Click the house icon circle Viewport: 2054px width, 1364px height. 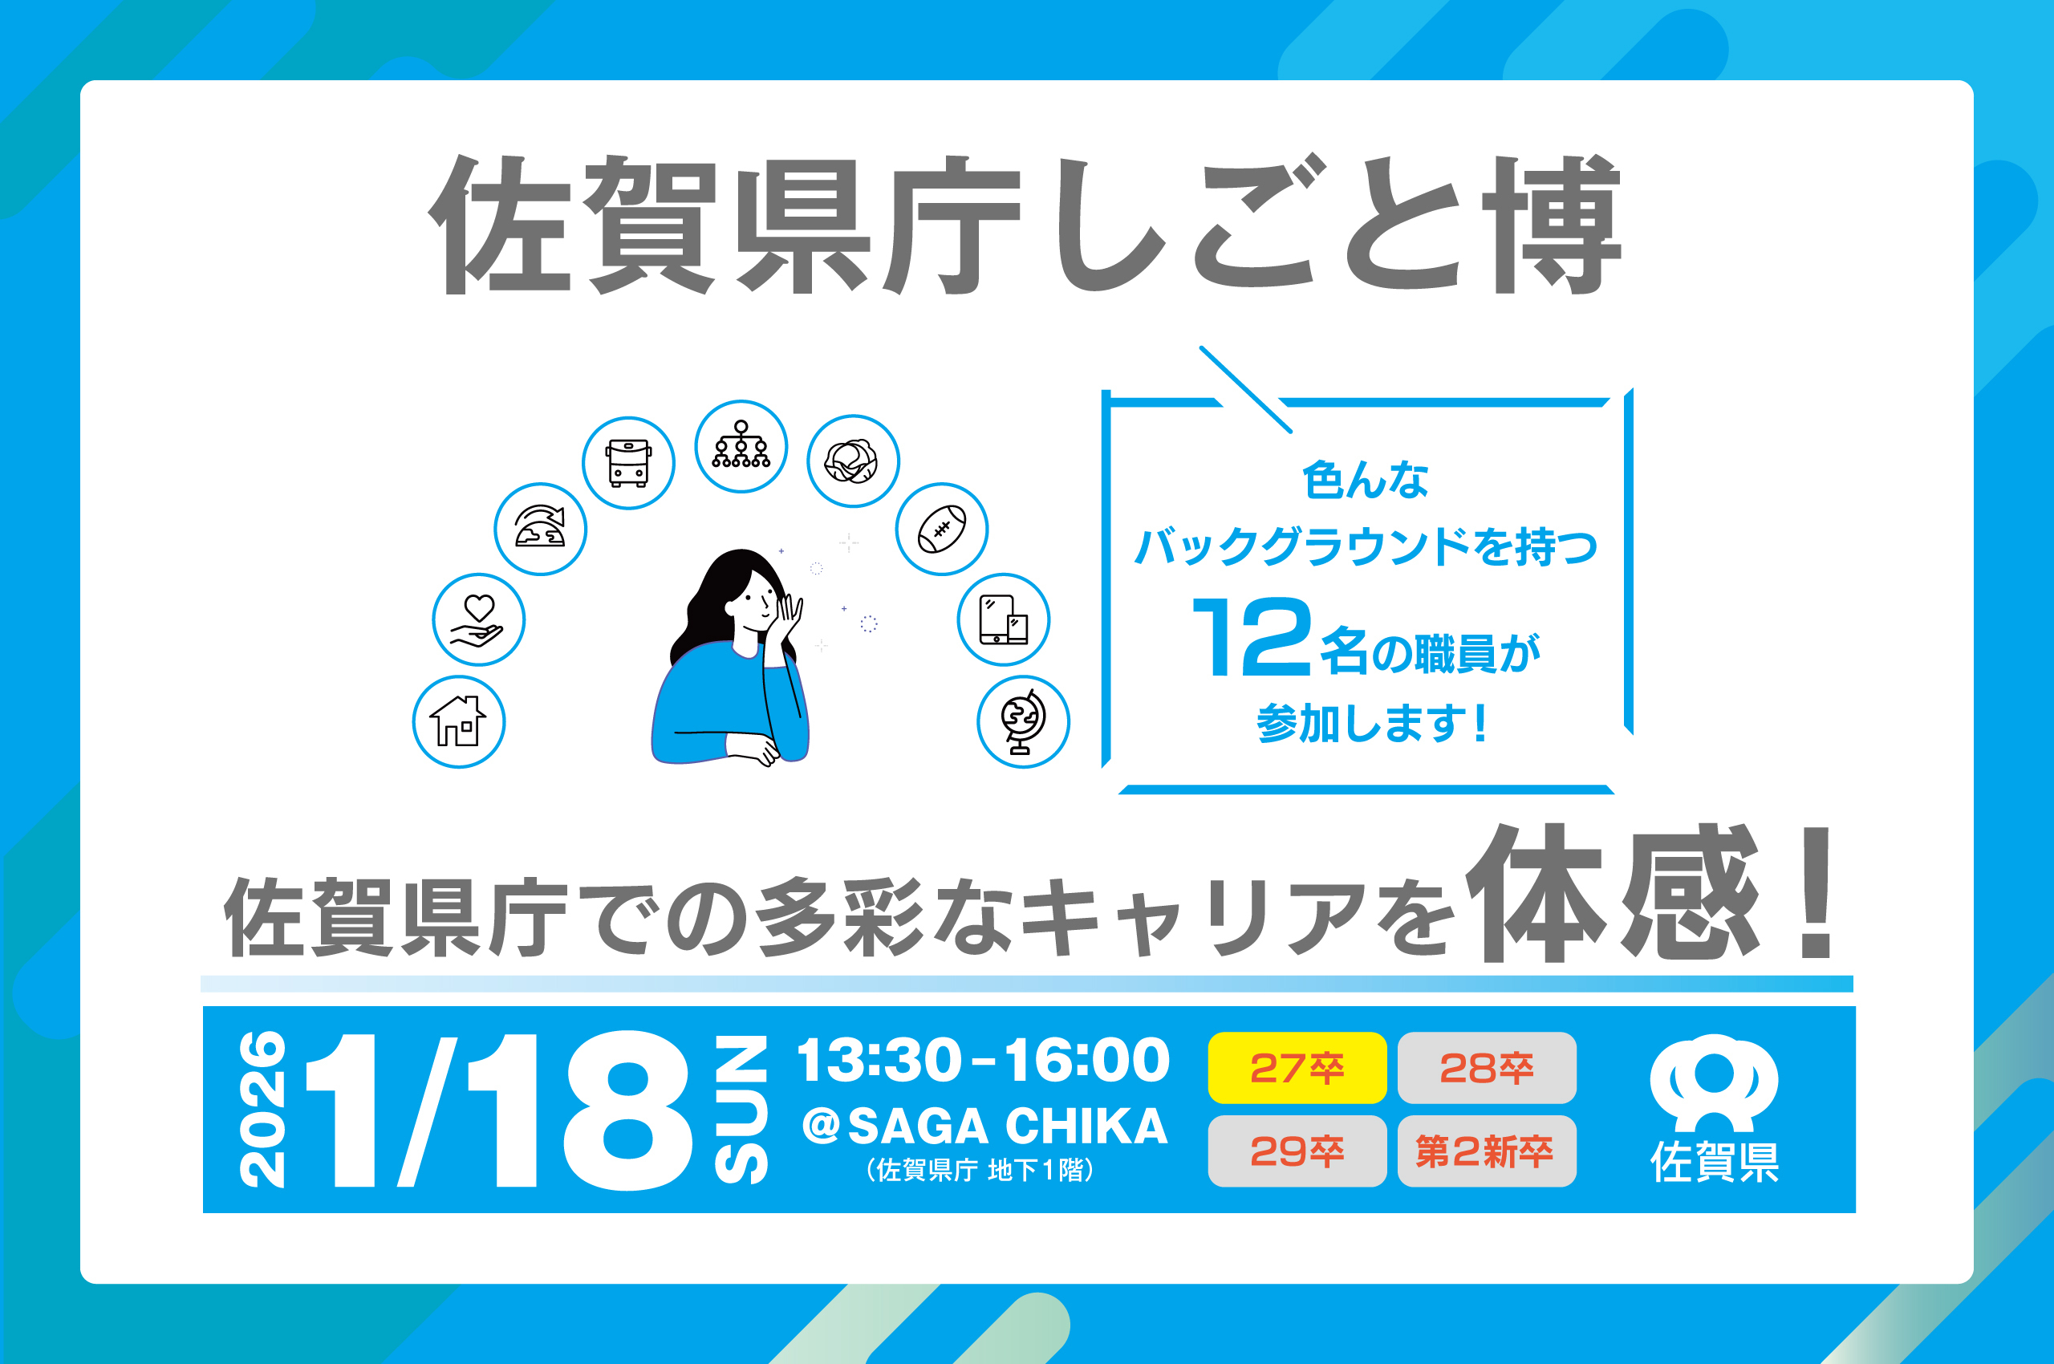pyautogui.click(x=458, y=722)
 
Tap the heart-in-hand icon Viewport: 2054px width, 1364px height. pyautogui.click(x=478, y=619)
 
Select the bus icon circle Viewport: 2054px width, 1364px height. pyautogui.click(x=628, y=463)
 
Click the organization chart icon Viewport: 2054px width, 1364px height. pyautogui.click(x=741, y=446)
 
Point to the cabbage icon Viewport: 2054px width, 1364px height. pyautogui.click(x=854, y=461)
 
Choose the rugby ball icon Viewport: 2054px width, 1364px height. pyautogui.click(x=942, y=529)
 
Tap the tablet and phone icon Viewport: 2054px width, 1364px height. pyautogui.click(x=1004, y=619)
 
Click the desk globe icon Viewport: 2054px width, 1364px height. pyautogui.click(x=1024, y=722)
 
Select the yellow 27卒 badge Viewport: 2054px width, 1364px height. pyautogui.click(x=1297, y=1067)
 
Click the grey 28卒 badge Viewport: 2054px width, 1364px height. pyautogui.click(x=1487, y=1067)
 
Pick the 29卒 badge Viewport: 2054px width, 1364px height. pyautogui.click(x=1297, y=1151)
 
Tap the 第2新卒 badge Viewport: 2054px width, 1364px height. pyautogui.click(x=1487, y=1151)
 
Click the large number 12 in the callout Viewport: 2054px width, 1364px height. pyautogui.click(x=1251, y=637)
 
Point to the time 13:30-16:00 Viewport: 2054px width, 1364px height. pyautogui.click(x=984, y=1061)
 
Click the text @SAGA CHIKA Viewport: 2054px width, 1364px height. pyautogui.click(x=984, y=1126)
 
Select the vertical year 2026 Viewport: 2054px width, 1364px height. pyautogui.click(x=262, y=1109)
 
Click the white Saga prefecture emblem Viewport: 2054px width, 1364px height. pyautogui.click(x=1714, y=1082)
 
